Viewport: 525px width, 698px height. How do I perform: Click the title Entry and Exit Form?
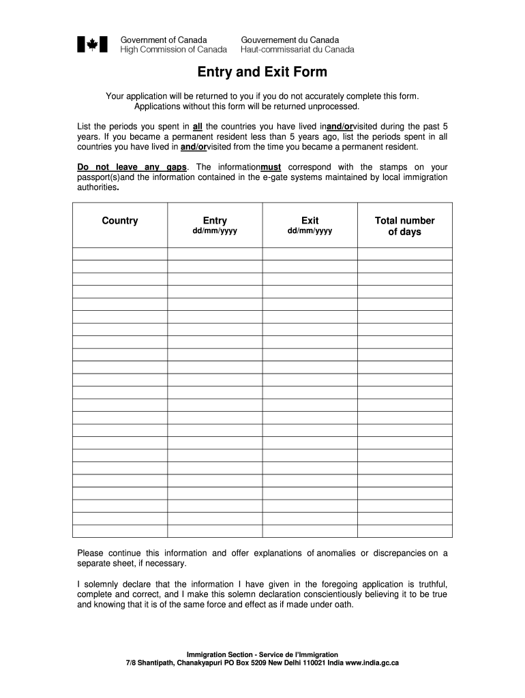(262, 72)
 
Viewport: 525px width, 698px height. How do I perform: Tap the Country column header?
(120, 220)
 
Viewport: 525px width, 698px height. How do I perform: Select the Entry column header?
(215, 220)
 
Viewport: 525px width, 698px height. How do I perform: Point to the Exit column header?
(310, 220)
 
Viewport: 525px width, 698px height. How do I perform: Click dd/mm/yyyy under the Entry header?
(215, 231)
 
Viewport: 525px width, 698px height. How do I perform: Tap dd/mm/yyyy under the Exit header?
(310, 231)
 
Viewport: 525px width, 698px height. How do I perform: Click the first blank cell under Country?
(120, 254)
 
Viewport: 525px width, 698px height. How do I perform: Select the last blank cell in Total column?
(404, 531)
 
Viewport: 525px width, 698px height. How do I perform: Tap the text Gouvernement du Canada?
(290, 40)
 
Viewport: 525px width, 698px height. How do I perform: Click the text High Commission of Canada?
(174, 49)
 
